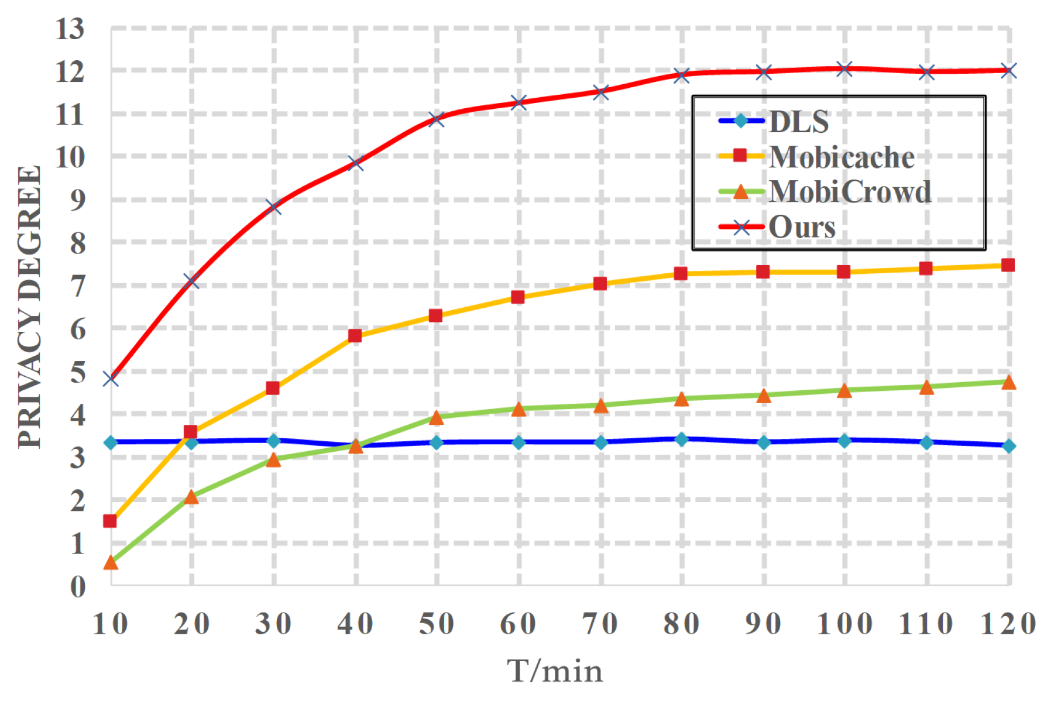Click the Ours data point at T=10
111,379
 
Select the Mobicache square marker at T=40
355,335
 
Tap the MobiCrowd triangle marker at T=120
1008,382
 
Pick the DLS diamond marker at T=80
681,439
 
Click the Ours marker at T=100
844,69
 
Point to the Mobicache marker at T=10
110,520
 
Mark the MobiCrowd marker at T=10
111,562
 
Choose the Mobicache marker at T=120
1008,265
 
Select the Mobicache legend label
842,157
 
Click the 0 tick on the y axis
78,586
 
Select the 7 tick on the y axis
78,286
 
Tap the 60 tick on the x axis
518,624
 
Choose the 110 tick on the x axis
926,624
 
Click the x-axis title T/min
554,671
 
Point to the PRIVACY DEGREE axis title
29,307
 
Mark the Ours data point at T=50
437,119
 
